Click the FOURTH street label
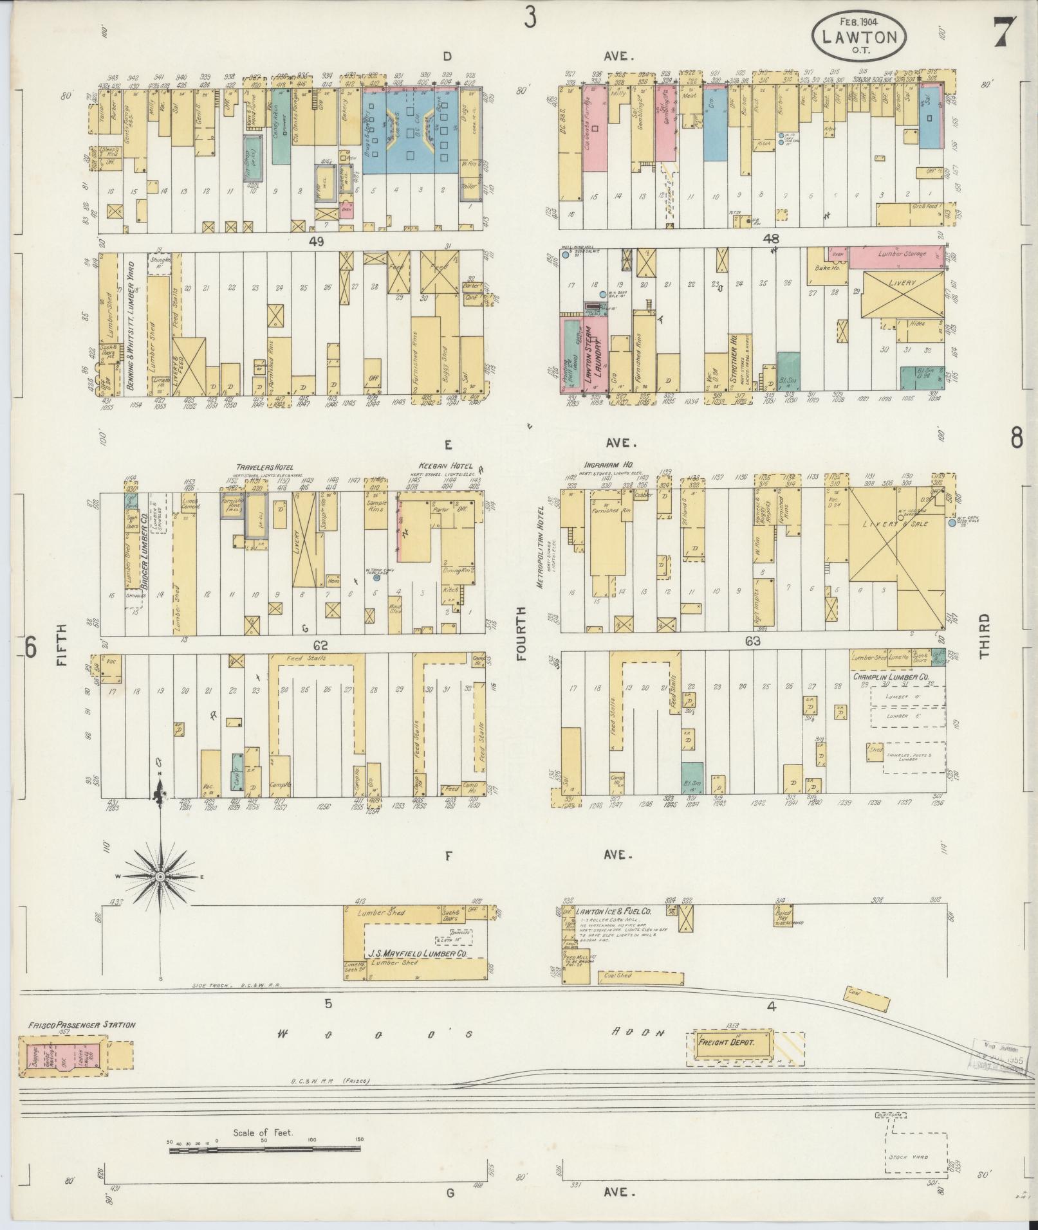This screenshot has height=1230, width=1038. (x=521, y=633)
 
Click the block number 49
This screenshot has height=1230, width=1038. (x=315, y=241)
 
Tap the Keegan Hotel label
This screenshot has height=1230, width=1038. (x=445, y=466)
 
